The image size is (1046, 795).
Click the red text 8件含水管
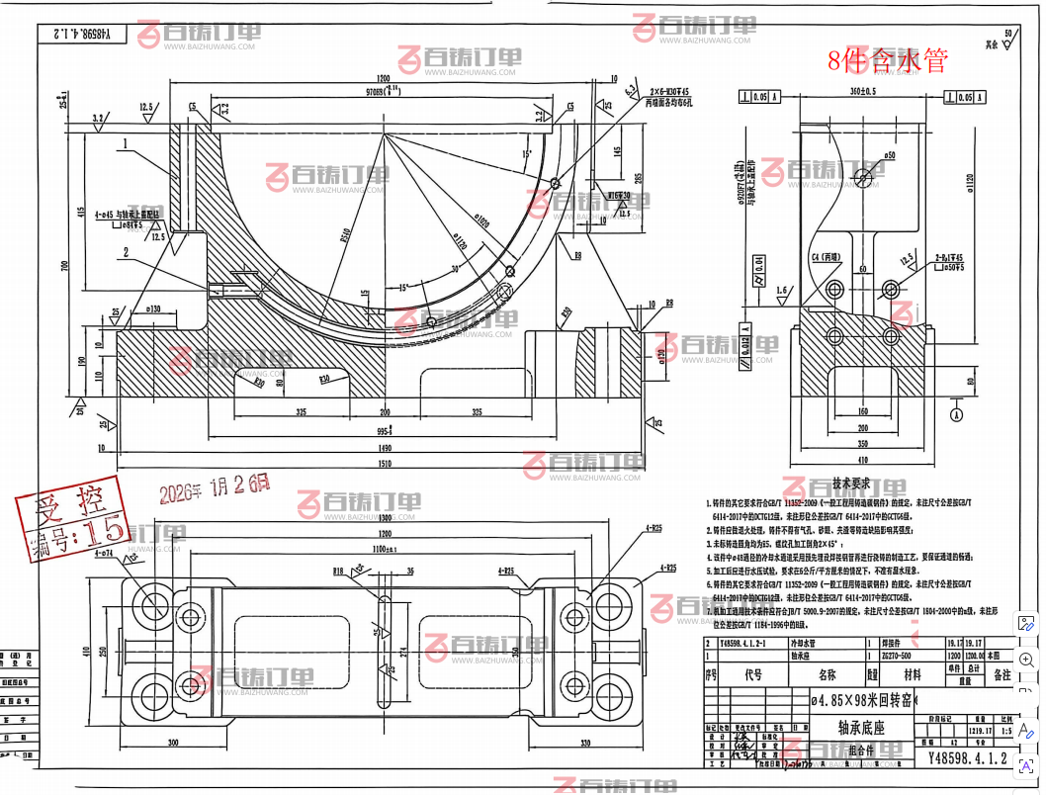click(x=888, y=60)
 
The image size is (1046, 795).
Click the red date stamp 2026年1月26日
click(x=215, y=486)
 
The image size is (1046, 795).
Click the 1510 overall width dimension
click(x=384, y=459)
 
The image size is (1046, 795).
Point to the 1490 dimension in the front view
click(x=384, y=446)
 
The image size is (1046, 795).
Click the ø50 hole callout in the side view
click(x=889, y=156)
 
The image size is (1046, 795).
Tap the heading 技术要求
click(x=850, y=485)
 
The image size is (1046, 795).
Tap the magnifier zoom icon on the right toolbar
click(x=1027, y=661)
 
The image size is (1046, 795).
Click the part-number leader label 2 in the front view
click(x=126, y=252)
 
